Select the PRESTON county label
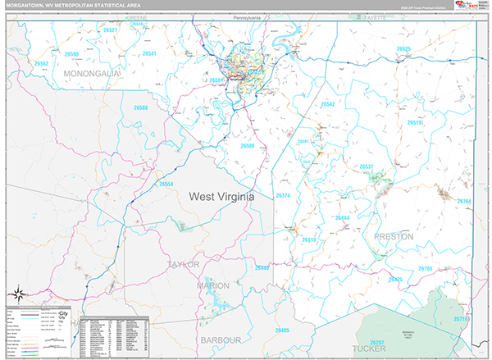pyautogui.click(x=394, y=236)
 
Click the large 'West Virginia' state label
pyautogui.click(x=221, y=197)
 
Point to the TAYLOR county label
pyautogui.click(x=183, y=265)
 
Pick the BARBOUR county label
pyautogui.click(x=221, y=339)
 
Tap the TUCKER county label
pyautogui.click(x=369, y=349)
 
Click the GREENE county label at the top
pyautogui.click(x=135, y=16)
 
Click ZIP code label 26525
pyautogui.click(x=403, y=49)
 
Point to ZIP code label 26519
pyautogui.click(x=414, y=123)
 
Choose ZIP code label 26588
pyautogui.click(x=140, y=108)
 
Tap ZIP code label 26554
pyautogui.click(x=166, y=184)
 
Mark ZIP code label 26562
pyautogui.click(x=41, y=63)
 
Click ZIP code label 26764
pyautogui.click(x=464, y=202)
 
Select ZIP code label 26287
pyautogui.click(x=377, y=341)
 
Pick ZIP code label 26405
pyautogui.click(x=281, y=330)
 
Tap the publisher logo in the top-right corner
pyautogui.click(x=471, y=7)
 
